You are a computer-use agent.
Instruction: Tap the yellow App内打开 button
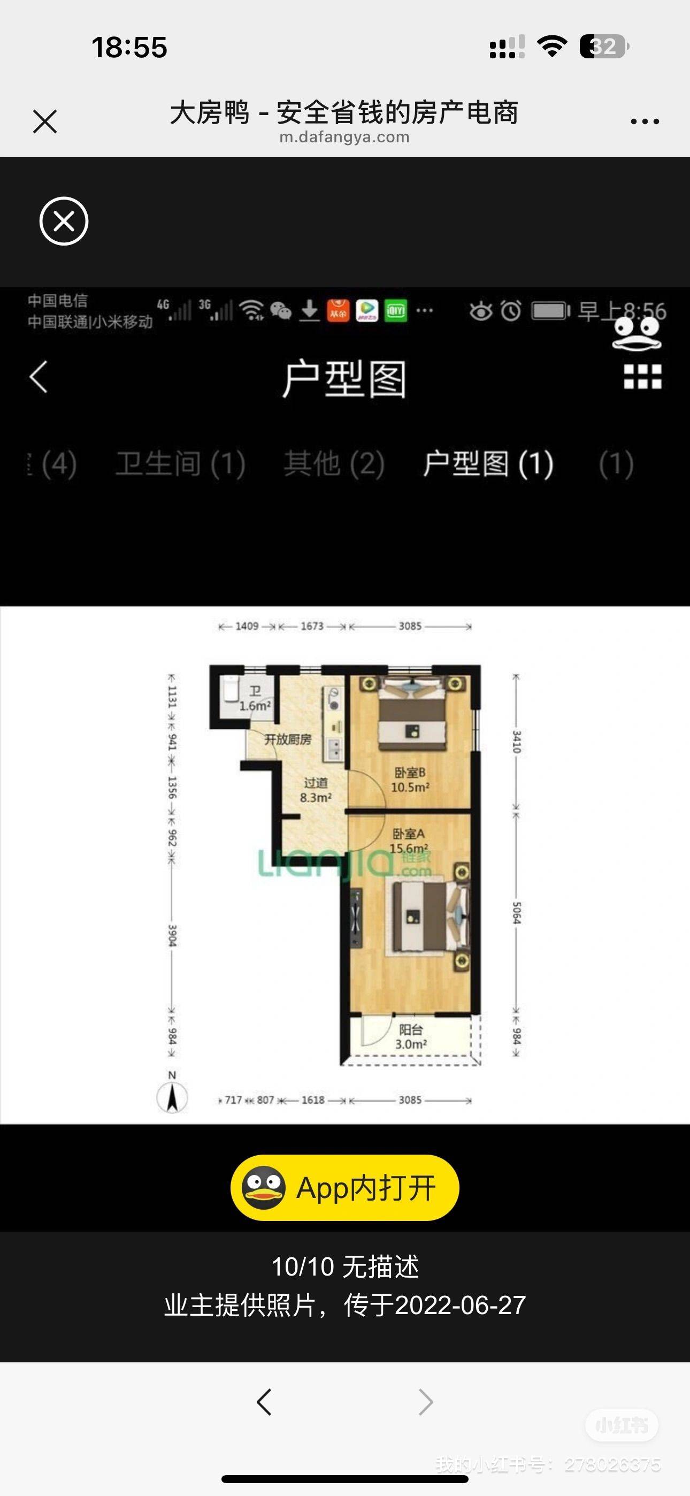pyautogui.click(x=344, y=1188)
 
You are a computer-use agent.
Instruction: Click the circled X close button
pyautogui.click(x=64, y=222)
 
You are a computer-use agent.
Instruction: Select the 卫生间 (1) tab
pyautogui.click(x=180, y=463)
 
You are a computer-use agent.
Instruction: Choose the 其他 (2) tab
pyautogui.click(x=334, y=463)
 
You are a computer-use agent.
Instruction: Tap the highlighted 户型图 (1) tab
pyautogui.click(x=488, y=463)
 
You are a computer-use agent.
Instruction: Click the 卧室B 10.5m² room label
pyautogui.click(x=410, y=780)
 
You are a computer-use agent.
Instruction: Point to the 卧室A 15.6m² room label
pyautogui.click(x=409, y=841)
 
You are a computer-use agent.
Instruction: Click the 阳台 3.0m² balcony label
pyautogui.click(x=411, y=1036)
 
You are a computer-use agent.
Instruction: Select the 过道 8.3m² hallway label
pyautogui.click(x=316, y=790)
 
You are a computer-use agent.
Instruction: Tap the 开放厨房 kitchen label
pyautogui.click(x=288, y=739)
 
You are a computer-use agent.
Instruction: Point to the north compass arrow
pyautogui.click(x=172, y=1097)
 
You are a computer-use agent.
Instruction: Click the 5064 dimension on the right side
pyautogui.click(x=516, y=912)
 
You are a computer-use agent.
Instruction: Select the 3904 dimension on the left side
pyautogui.click(x=172, y=935)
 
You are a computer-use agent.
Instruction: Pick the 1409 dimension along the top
pyautogui.click(x=247, y=626)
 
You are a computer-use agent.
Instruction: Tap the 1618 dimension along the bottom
pyautogui.click(x=313, y=1100)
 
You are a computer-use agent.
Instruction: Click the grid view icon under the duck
pyautogui.click(x=642, y=376)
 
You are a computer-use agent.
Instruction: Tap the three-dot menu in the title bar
pyautogui.click(x=645, y=121)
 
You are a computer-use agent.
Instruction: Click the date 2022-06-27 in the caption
pyautogui.click(x=460, y=1306)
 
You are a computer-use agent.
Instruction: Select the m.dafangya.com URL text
pyautogui.click(x=344, y=137)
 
